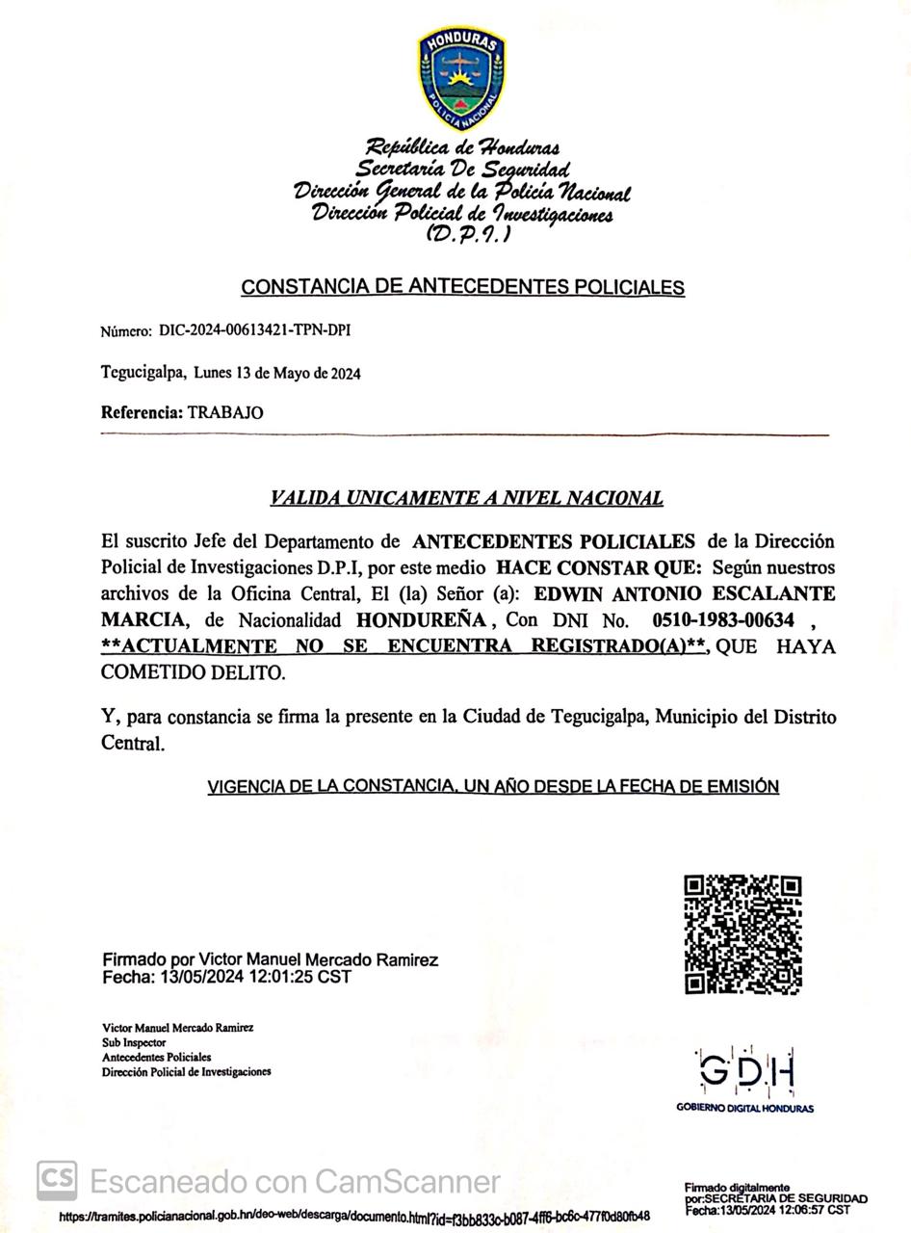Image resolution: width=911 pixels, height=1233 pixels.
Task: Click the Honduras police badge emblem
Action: [x=461, y=79]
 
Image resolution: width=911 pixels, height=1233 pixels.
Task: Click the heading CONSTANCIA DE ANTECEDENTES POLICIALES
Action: [x=462, y=287]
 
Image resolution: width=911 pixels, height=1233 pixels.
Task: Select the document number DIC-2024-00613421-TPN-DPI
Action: [x=254, y=330]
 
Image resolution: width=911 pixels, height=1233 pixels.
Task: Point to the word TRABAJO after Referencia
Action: [x=225, y=412]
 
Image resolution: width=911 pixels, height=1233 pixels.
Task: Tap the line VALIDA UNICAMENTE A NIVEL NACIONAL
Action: [x=466, y=498]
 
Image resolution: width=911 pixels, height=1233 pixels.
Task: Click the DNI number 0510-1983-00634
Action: [x=723, y=619]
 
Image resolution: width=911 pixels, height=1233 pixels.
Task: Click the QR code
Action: [x=742, y=934]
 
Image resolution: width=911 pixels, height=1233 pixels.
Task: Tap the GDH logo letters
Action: [x=745, y=1069]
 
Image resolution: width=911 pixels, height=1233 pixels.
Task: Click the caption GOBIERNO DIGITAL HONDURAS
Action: [x=744, y=1109]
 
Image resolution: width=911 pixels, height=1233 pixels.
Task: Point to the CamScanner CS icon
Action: [x=57, y=1180]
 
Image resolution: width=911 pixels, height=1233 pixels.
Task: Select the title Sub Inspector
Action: [x=134, y=1042]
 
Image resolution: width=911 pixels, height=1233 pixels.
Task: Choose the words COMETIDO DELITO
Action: [x=194, y=672]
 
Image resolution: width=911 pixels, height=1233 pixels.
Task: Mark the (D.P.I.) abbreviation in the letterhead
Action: [x=468, y=233]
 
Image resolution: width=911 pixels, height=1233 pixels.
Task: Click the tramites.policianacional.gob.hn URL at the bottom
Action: [x=353, y=1217]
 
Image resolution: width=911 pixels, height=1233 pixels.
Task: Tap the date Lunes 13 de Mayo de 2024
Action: [x=277, y=373]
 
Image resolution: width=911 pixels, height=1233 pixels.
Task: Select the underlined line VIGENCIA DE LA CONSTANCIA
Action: [x=493, y=787]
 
